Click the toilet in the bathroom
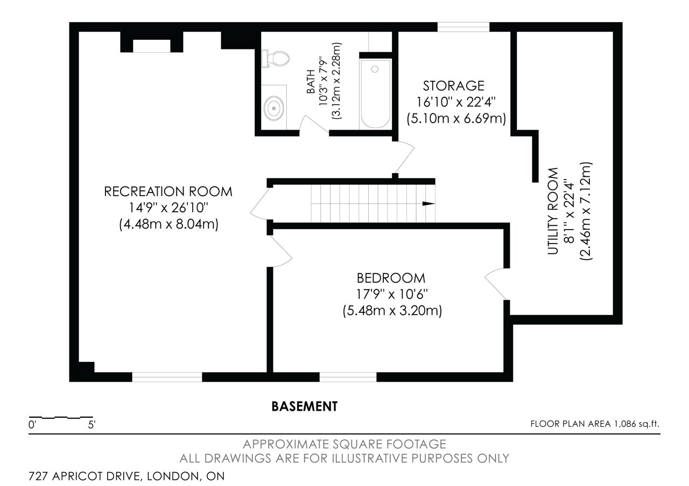276,59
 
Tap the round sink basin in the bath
273,108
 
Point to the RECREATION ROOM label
168,191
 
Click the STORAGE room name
453,85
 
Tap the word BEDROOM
391,278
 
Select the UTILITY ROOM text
553,211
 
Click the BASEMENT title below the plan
305,406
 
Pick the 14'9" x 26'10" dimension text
168,208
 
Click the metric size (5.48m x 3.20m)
392,311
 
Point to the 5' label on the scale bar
92,425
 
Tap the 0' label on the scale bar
32,425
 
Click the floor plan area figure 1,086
625,424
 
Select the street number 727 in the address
38,476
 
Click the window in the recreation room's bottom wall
167,377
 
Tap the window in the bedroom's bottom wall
348,377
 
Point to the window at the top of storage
463,27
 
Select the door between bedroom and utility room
496,283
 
